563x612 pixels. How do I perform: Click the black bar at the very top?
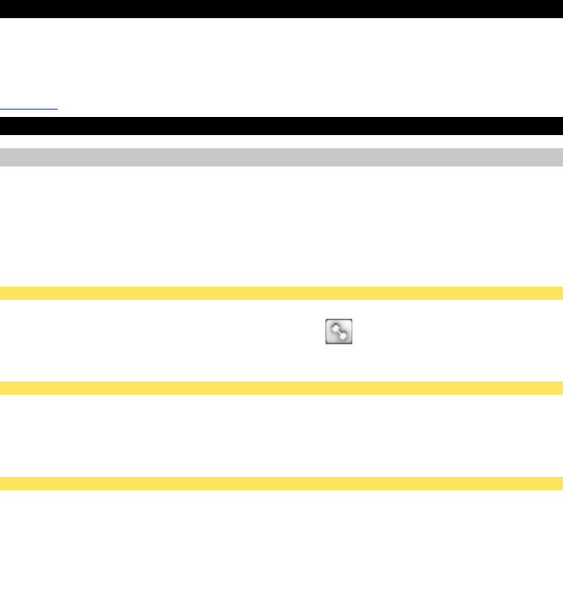pos(281,9)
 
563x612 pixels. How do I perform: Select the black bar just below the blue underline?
pos(281,126)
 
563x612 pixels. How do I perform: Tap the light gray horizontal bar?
pos(281,157)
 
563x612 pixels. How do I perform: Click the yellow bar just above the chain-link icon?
pos(281,292)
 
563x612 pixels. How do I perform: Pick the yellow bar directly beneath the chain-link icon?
pos(281,387)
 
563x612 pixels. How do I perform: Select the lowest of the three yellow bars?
pos(281,484)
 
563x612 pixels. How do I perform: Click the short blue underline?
pos(29,108)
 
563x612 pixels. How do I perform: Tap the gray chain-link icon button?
pos(338,332)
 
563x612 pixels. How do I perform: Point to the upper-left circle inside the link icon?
pos(333,327)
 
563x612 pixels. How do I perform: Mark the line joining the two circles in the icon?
pos(338,332)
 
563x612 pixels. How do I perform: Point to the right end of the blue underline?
pos(57,108)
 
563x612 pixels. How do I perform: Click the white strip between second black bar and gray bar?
pos(281,142)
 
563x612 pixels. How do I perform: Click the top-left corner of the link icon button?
pos(327,321)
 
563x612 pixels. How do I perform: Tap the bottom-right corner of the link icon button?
pos(351,343)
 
